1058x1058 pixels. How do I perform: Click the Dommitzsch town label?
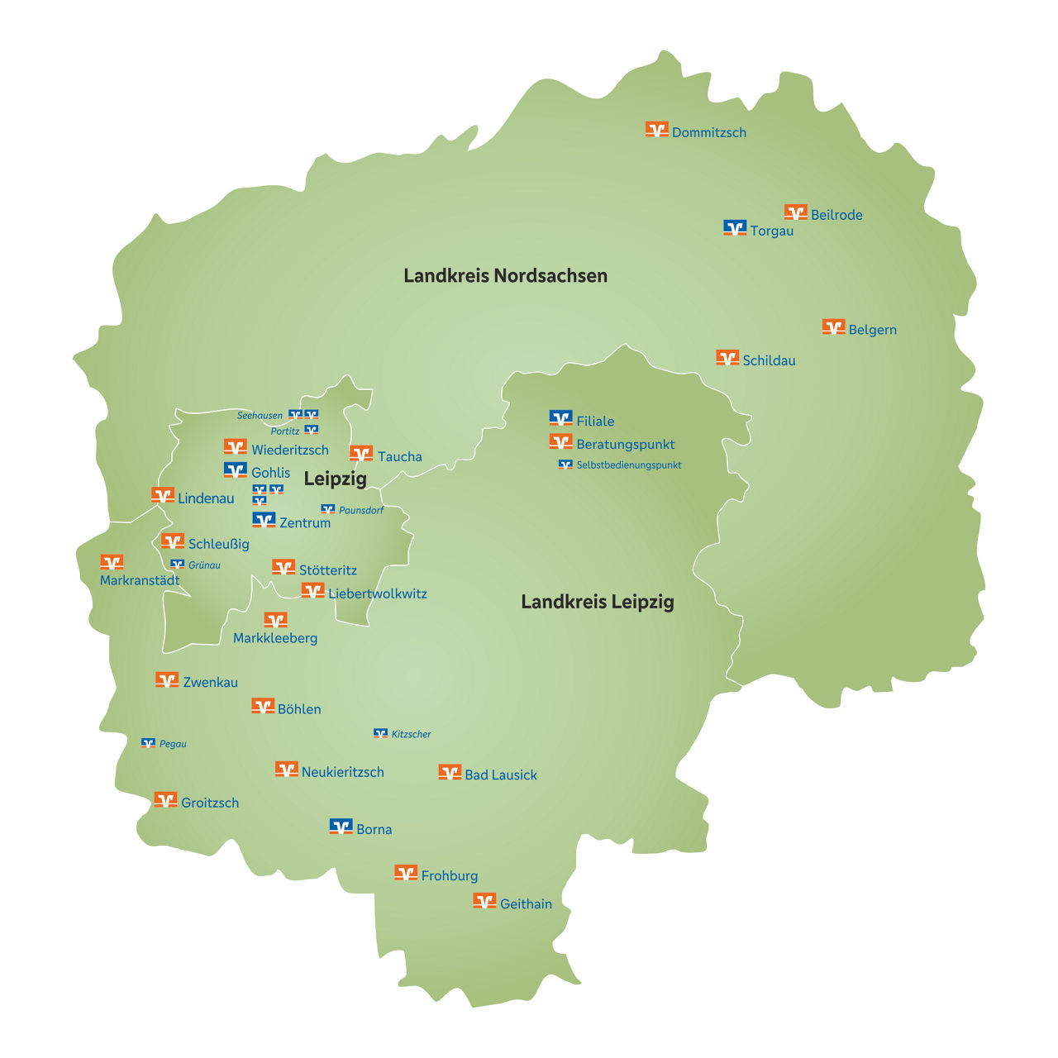708,132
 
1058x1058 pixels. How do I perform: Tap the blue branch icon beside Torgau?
735,227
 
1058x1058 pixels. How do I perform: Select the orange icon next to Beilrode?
795,212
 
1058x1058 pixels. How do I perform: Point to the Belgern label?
872,330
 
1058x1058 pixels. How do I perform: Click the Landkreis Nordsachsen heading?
505,276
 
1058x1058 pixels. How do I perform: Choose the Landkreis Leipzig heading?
597,602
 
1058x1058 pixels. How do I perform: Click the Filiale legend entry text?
595,422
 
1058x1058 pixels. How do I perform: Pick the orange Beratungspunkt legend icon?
560,442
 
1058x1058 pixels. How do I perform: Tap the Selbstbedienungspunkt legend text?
628,465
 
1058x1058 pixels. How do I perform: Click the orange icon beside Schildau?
727,358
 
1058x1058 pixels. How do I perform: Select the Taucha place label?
399,457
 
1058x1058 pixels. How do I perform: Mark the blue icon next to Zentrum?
264,520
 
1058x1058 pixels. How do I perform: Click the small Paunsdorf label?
361,511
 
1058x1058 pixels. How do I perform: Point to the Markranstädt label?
140,581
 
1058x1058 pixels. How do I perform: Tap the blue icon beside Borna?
341,827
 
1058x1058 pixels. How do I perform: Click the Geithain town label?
526,904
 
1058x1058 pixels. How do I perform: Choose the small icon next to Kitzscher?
380,733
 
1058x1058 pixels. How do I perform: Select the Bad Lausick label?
501,775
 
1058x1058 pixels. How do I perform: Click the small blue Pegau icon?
148,743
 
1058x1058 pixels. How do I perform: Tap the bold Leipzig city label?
335,479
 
